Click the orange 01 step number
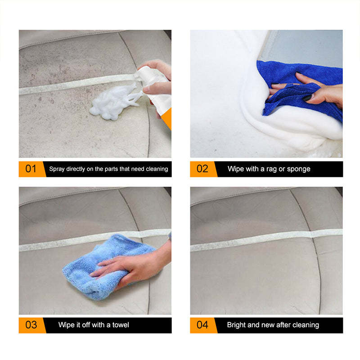coord(31,169)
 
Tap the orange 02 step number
coord(202,169)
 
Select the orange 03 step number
coord(31,325)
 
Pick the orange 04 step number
coord(202,325)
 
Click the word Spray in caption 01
coord(57,169)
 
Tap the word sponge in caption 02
coord(300,169)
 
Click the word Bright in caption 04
coord(237,325)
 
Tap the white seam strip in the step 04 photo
coord(265,241)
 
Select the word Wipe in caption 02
coord(236,169)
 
